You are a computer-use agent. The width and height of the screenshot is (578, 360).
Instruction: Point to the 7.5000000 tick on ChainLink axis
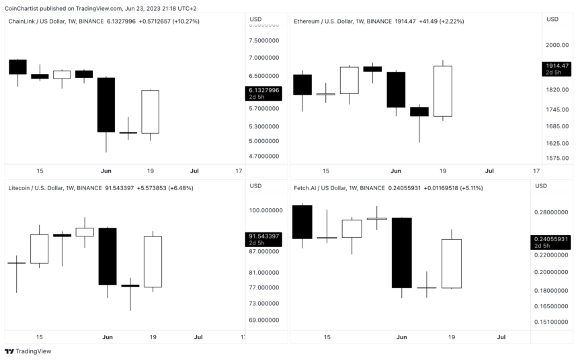pos(264,40)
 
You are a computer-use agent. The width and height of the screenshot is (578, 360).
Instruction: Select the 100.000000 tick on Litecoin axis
pos(263,210)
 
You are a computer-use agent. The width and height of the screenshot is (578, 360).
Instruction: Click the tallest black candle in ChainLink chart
pos(106,105)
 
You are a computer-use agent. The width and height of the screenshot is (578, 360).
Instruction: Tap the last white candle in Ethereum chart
pos(442,91)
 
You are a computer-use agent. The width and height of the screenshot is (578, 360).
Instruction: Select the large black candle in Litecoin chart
pos(107,256)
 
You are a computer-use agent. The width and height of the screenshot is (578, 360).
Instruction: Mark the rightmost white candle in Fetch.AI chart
pos(451,263)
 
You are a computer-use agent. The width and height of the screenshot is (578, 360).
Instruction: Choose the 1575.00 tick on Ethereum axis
pos(557,158)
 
